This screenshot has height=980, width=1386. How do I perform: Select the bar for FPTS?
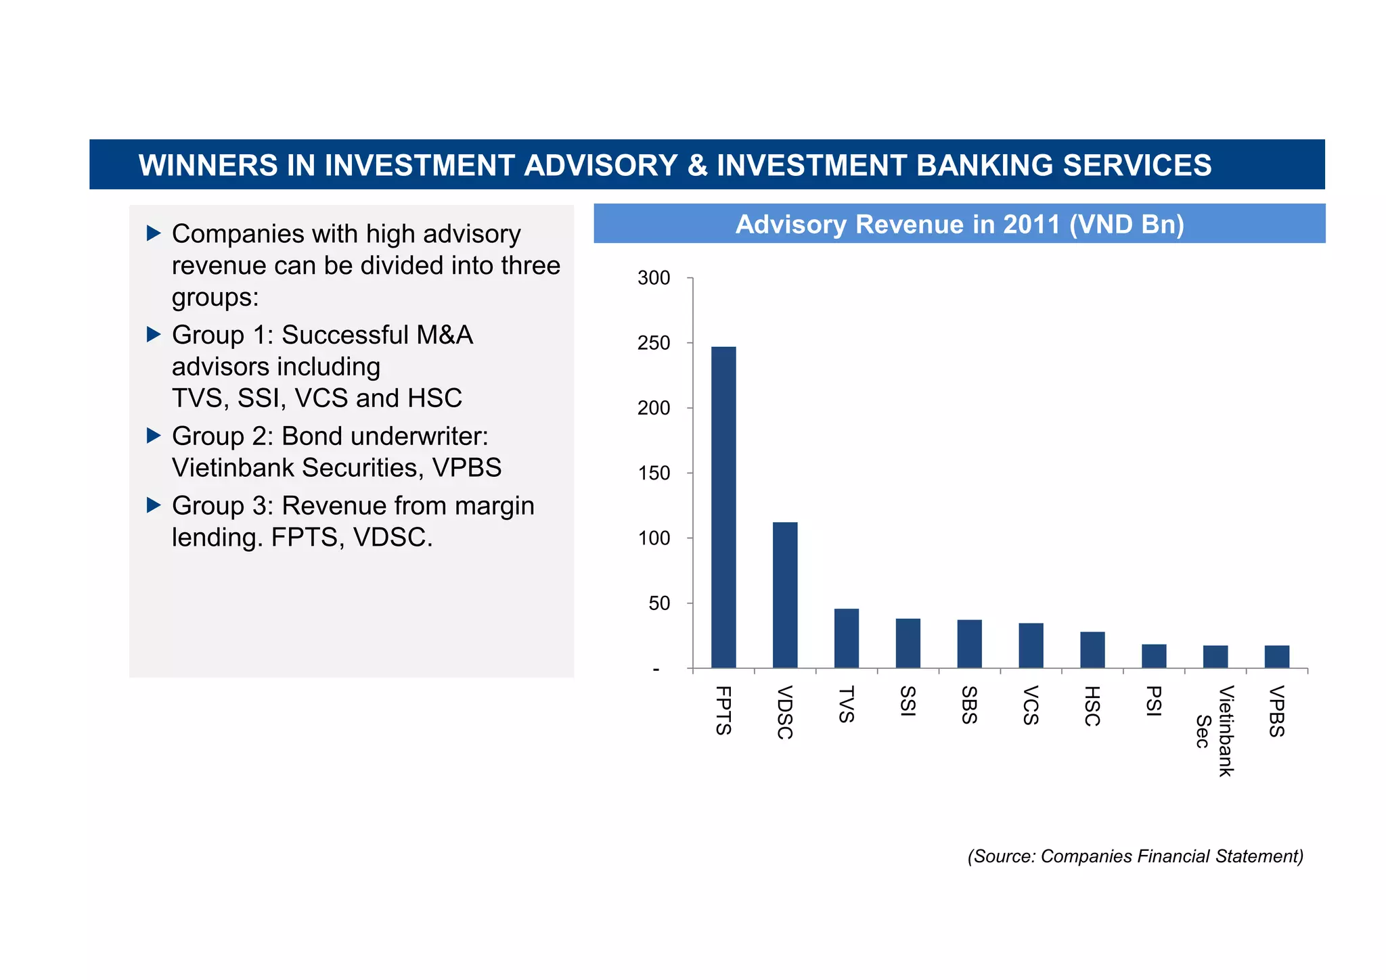(723, 507)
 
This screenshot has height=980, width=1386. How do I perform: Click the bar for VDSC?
(784, 595)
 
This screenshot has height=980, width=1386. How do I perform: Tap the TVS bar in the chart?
(846, 638)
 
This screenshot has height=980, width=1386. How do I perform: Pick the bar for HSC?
(1092, 650)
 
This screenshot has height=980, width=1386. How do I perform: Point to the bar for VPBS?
(1276, 657)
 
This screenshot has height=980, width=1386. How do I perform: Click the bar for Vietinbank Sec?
(1215, 657)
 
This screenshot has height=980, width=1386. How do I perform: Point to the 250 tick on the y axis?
(654, 344)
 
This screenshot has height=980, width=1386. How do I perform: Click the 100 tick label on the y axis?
(654, 539)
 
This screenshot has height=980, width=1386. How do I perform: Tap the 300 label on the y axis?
(654, 279)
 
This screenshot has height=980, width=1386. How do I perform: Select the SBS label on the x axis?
(969, 705)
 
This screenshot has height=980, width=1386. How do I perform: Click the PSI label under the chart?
(1153, 701)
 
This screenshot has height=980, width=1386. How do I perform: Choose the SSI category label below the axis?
(908, 701)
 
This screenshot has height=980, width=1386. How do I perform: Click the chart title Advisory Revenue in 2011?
(959, 225)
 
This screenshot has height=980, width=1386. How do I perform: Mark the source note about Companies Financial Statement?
(1135, 856)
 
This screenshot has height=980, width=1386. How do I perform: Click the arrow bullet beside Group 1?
(154, 334)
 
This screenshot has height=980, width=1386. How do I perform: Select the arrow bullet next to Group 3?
(154, 505)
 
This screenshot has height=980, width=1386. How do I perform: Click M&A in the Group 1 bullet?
(444, 335)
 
